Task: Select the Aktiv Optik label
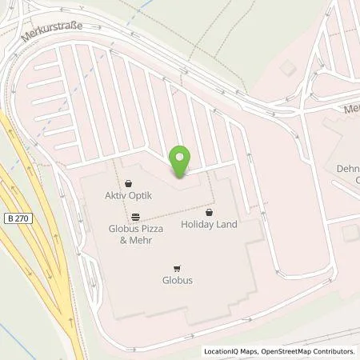coord(129,196)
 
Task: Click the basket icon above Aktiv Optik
coord(129,183)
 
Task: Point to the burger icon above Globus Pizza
coord(136,216)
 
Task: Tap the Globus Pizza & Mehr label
coord(136,234)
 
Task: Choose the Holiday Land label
coord(210,225)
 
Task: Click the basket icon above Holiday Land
coord(210,213)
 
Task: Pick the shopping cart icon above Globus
coord(176,269)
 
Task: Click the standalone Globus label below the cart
coord(176,281)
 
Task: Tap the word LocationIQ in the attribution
coord(223,351)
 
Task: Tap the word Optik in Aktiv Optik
coord(142,196)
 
